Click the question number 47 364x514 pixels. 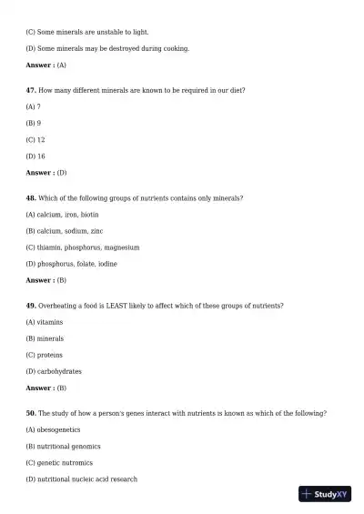[31, 90]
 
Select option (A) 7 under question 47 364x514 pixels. [34, 106]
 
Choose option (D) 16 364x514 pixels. [36, 156]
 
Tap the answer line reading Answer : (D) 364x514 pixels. [46, 172]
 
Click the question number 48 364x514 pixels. [31, 197]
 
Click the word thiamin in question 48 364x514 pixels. [52, 247]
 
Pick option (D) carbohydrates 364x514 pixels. [54, 371]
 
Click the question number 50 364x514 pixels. [31, 413]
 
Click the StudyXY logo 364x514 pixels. [325, 494]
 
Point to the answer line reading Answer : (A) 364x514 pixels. [46, 66]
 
